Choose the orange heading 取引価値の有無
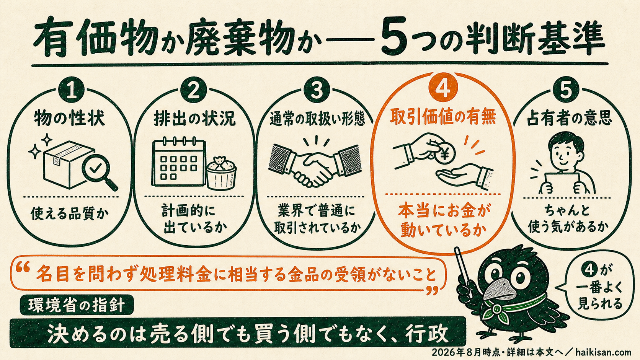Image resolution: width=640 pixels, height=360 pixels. [443, 117]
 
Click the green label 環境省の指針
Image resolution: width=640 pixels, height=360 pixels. [77, 305]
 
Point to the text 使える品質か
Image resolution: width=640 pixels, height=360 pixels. [70, 214]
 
